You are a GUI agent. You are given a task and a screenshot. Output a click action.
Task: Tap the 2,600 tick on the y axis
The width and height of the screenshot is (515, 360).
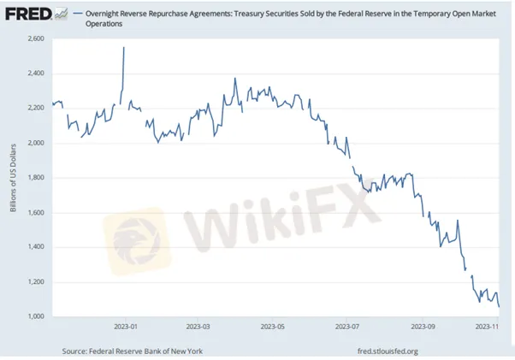click(x=36, y=39)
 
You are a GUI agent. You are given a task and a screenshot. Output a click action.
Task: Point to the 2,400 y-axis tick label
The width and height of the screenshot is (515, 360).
click(x=36, y=74)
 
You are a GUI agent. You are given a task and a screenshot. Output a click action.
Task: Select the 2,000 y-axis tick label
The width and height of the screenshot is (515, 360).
click(x=36, y=143)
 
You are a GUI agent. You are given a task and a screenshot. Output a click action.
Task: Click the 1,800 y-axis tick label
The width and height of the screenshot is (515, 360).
click(x=36, y=178)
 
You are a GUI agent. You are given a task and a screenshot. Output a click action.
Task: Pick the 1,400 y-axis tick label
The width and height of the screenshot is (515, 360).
click(x=36, y=247)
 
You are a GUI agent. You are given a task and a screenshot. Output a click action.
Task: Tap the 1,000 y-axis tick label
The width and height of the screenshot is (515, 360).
click(x=36, y=316)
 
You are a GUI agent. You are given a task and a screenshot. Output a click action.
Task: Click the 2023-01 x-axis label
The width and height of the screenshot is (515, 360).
click(x=127, y=326)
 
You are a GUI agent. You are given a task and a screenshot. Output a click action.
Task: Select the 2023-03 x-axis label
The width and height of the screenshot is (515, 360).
click(x=198, y=326)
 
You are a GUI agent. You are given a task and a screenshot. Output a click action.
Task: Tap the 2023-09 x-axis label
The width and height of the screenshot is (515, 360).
click(x=423, y=326)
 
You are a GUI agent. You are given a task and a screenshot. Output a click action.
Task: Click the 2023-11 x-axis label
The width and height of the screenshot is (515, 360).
click(x=488, y=326)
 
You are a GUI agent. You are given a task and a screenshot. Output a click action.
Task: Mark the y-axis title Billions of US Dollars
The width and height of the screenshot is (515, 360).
click(x=14, y=179)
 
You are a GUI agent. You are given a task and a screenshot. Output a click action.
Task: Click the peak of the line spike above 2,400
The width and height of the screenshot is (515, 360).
click(x=124, y=48)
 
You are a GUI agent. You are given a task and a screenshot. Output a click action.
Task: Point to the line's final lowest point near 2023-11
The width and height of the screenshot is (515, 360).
click(x=500, y=306)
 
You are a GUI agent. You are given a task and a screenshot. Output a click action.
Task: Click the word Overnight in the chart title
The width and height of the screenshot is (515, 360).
click(x=107, y=14)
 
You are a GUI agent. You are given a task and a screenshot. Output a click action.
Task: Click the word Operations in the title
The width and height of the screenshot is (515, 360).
click(x=104, y=24)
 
